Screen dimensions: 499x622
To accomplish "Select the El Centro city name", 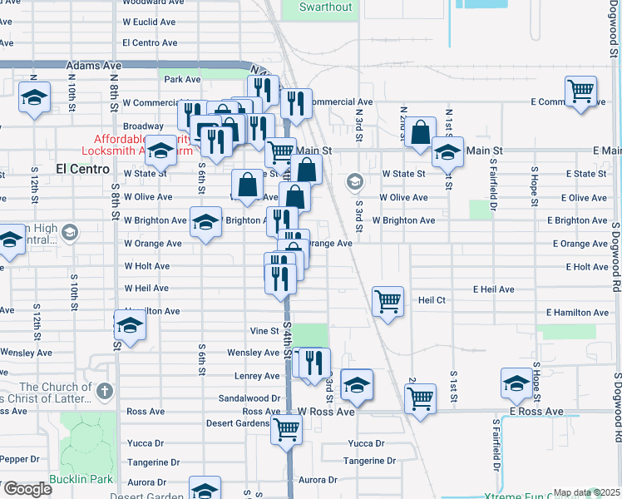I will [x=83, y=169].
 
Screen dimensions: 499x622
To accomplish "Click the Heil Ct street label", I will [x=432, y=299].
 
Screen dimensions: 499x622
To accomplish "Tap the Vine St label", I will [x=264, y=330].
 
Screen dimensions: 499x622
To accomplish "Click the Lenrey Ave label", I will [x=257, y=376].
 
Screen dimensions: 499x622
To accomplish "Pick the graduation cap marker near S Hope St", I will [x=516, y=383].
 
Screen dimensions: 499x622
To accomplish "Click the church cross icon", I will [x=104, y=390].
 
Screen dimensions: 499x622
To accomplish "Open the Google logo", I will [x=27, y=489].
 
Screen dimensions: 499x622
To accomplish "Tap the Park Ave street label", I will [x=182, y=80].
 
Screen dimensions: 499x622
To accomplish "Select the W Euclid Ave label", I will [x=149, y=22].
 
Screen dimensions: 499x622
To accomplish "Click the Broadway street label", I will [x=143, y=126].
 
